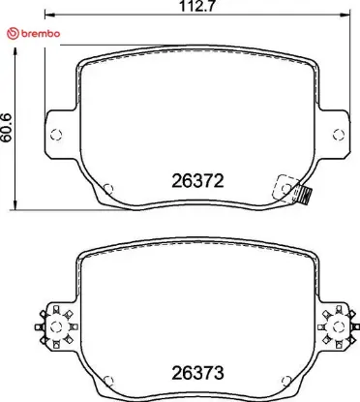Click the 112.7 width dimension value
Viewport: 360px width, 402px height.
point(196,6)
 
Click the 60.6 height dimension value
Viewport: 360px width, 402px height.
point(6,127)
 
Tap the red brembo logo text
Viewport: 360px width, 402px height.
point(41,34)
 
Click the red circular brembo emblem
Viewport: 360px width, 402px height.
point(13,34)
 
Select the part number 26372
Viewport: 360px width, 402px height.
point(197,181)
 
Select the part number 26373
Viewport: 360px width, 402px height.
point(197,373)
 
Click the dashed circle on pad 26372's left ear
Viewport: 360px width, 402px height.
point(56,135)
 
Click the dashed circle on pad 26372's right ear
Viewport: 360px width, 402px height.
point(339,135)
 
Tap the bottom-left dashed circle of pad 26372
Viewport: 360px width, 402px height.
point(108,189)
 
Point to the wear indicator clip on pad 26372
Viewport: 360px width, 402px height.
point(303,196)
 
